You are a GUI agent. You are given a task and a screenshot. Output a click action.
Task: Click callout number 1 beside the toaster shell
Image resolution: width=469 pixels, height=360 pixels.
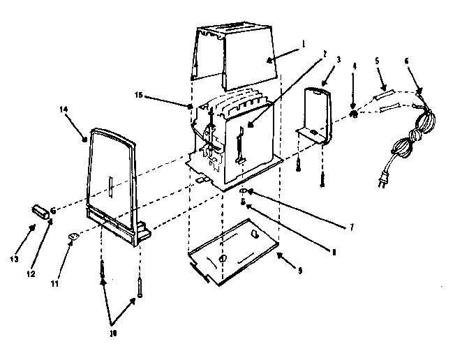303,43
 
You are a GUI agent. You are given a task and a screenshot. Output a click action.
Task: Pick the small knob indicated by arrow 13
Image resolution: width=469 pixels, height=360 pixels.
40,211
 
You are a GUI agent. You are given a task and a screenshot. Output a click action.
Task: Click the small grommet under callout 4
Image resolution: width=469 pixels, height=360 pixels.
355,114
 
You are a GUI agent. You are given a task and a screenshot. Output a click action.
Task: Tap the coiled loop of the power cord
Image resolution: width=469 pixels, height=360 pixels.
406,143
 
